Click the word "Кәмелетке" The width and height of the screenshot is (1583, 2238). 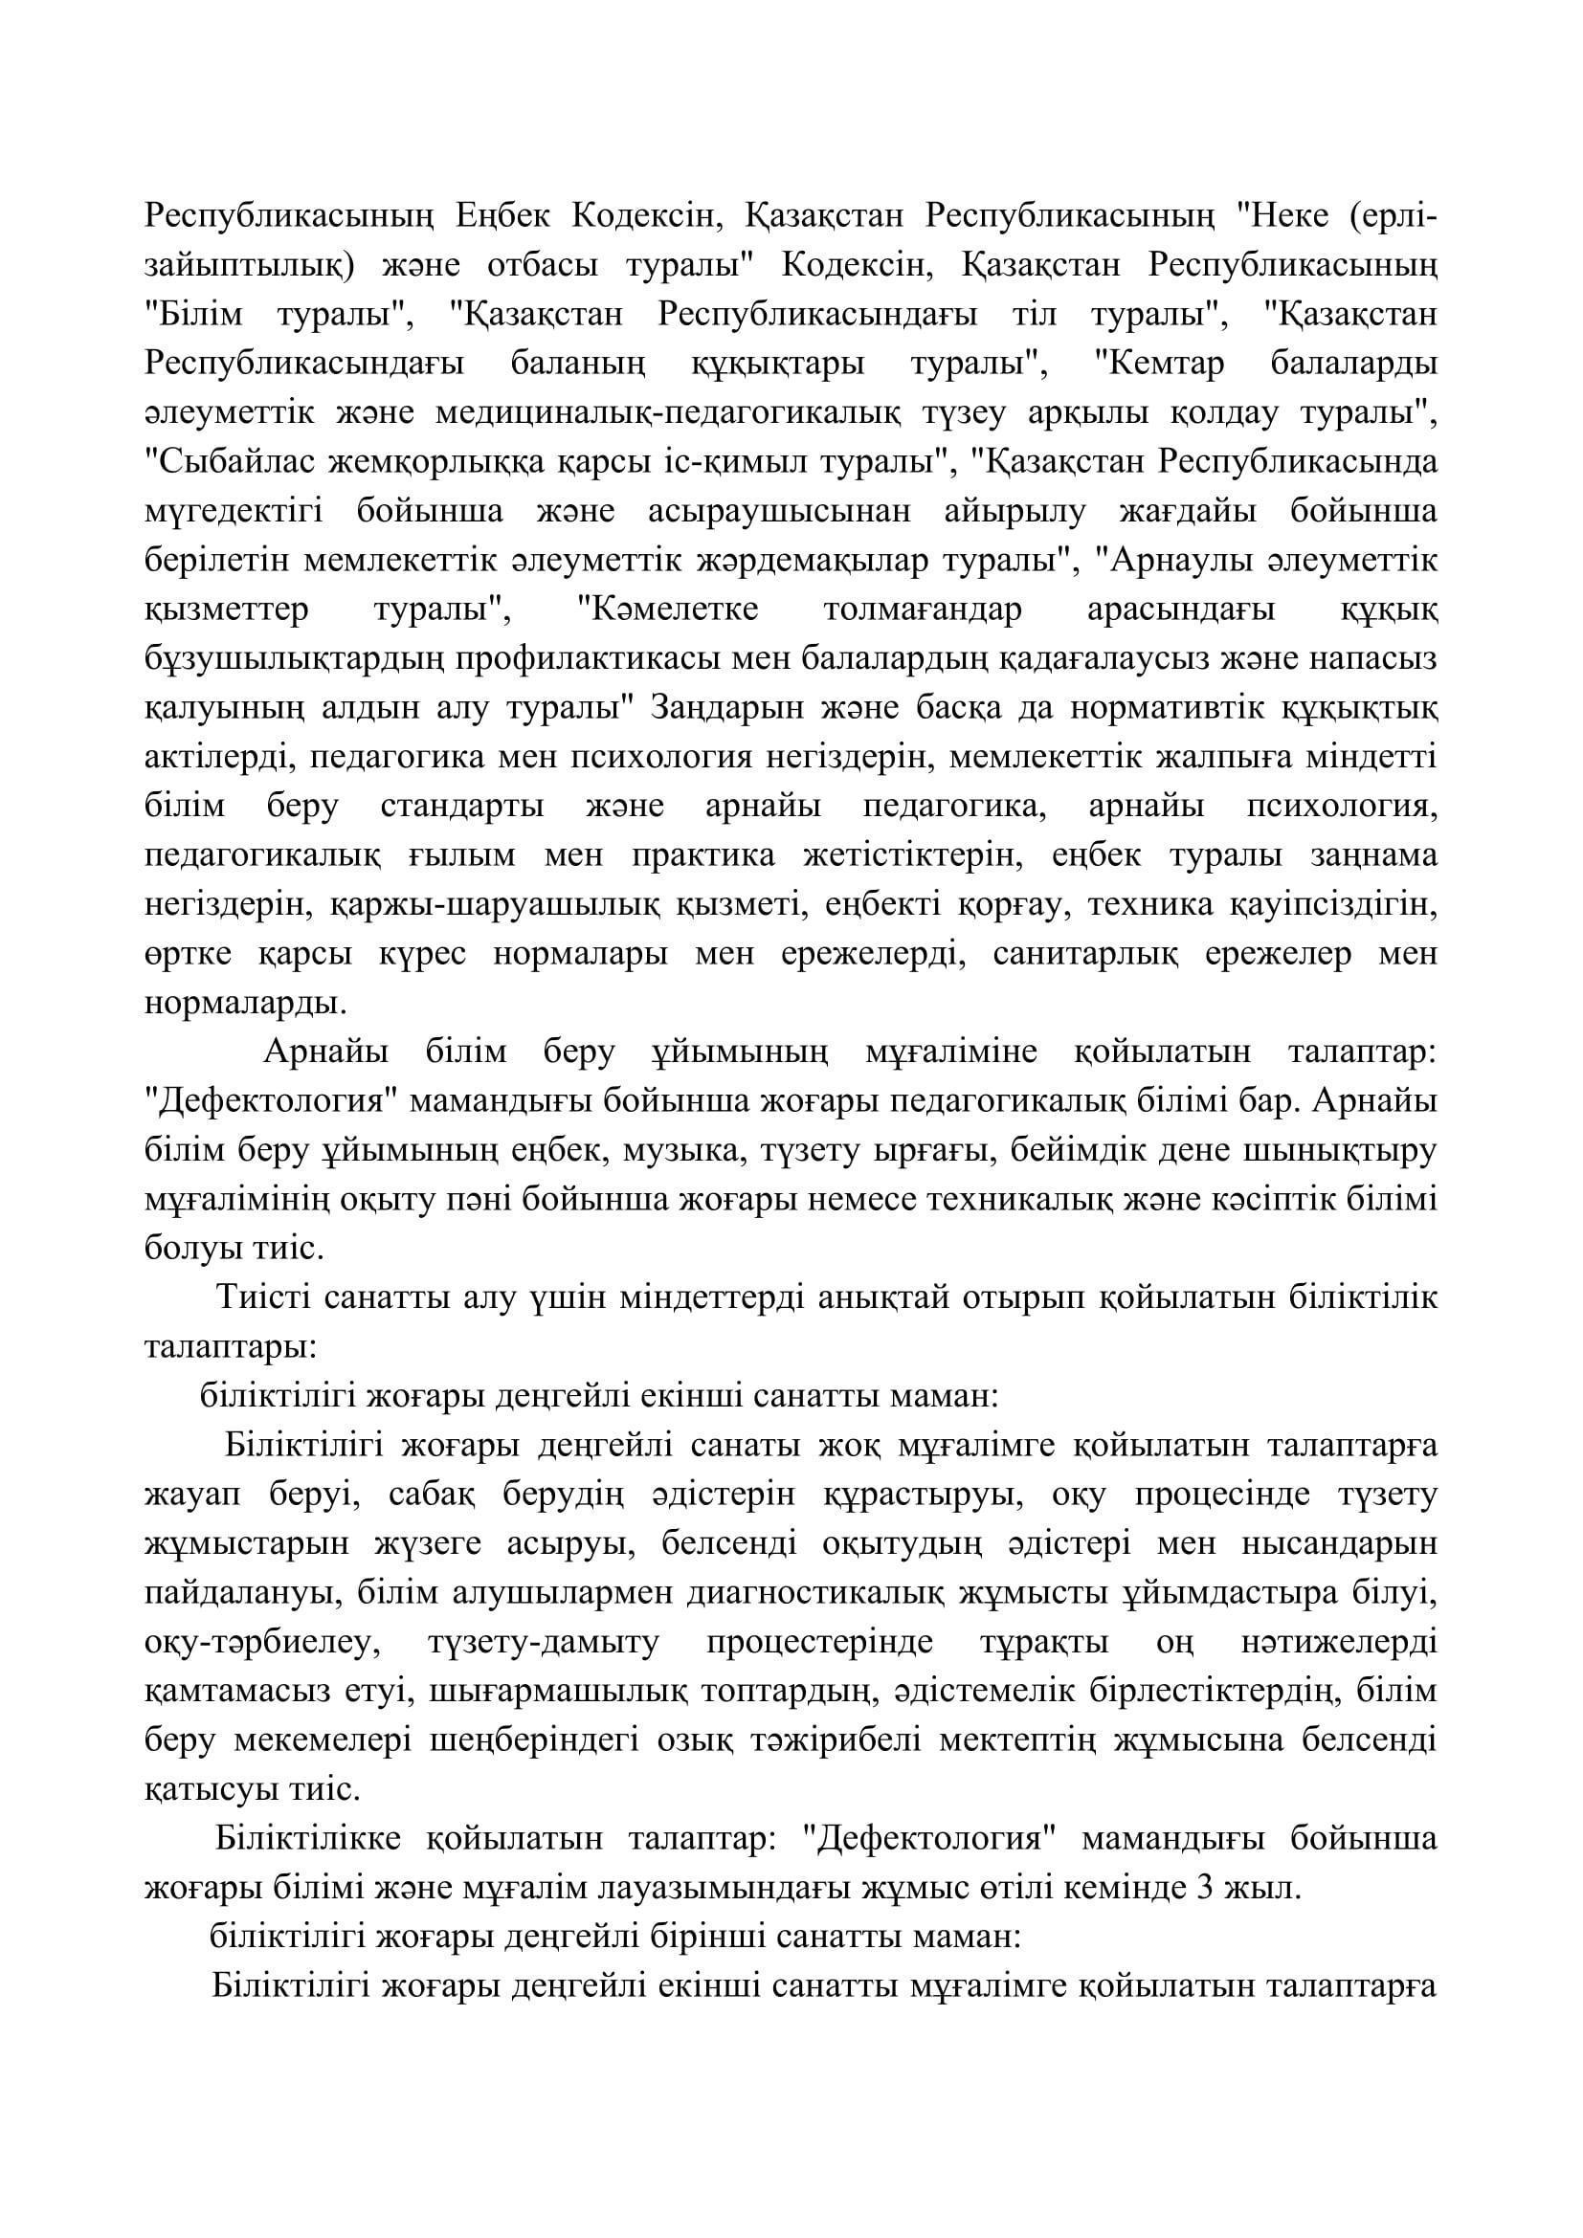click(669, 610)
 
